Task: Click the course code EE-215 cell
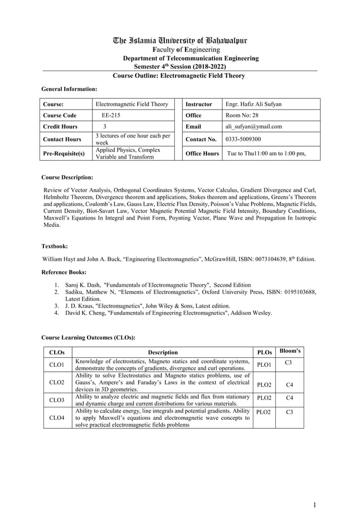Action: pyautogui.click(x=111, y=115)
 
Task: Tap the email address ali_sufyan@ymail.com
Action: pyautogui.click(x=253, y=126)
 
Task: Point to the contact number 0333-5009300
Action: pyautogui.click(x=244, y=139)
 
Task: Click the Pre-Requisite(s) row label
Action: pyautogui.click(x=64, y=153)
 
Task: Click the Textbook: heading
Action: pyautogui.click(x=55, y=247)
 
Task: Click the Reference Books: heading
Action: pyautogui.click(x=66, y=272)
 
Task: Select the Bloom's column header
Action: pyautogui.click(x=290, y=351)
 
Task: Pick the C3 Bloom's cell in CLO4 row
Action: pyautogui.click(x=289, y=413)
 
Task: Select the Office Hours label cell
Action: pyautogui.click(x=202, y=153)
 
